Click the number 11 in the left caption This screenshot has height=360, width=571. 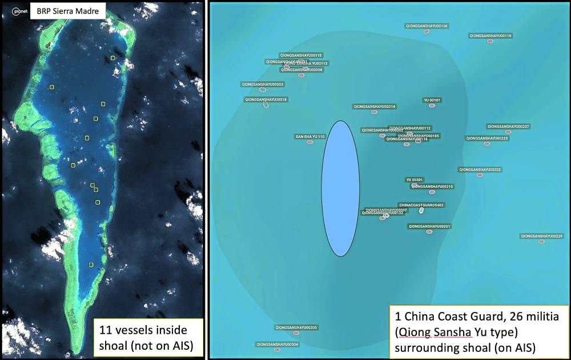coord(105,330)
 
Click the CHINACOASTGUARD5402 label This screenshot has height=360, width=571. coord(421,205)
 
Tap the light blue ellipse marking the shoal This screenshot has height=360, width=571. coord(340,189)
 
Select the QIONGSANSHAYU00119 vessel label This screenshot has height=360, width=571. coord(490,35)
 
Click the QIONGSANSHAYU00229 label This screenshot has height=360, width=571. coord(541,236)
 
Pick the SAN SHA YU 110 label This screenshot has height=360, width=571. coord(309,137)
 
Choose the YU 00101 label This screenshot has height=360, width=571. coord(432,100)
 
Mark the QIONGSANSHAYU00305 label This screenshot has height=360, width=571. coord(296,327)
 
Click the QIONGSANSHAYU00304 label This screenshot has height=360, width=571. coord(278,345)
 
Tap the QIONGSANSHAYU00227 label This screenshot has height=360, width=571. coord(508,126)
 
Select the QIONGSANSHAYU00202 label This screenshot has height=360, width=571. coord(480,170)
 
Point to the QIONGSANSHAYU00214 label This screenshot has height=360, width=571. coord(375,107)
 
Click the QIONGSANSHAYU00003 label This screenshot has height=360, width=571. coord(263,84)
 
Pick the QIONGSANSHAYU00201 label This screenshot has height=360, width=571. coord(429,226)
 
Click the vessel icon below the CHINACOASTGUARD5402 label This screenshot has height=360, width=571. coord(421,211)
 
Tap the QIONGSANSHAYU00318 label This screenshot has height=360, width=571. coord(266,99)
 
